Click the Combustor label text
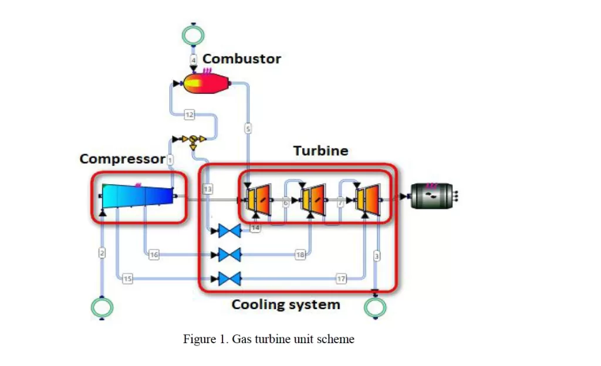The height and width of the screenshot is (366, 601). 241,59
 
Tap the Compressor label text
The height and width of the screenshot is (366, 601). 122,159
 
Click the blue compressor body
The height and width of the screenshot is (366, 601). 139,195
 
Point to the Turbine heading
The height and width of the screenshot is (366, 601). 320,151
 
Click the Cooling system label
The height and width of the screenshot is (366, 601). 285,304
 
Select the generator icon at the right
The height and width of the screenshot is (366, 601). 432,195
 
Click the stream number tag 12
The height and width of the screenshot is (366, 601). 189,115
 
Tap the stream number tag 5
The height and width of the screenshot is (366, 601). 248,128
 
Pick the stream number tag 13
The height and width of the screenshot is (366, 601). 208,189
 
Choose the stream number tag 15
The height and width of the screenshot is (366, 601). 127,279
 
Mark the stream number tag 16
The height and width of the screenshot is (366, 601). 154,255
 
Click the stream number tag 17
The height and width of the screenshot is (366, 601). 341,279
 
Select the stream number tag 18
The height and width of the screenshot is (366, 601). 300,255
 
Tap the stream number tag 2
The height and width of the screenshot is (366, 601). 102,253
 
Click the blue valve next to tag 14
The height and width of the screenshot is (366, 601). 229,231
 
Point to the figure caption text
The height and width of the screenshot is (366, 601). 269,339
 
